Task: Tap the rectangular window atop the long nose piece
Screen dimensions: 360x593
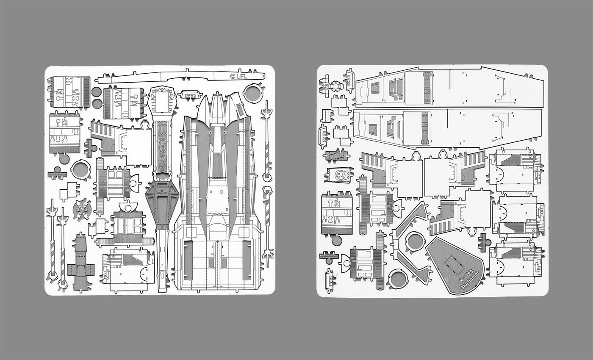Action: [x=163, y=102]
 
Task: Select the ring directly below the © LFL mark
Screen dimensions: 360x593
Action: [x=253, y=94]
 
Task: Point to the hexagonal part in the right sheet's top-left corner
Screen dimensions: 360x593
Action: [x=337, y=86]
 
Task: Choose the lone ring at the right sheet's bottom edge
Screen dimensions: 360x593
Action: [x=397, y=279]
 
